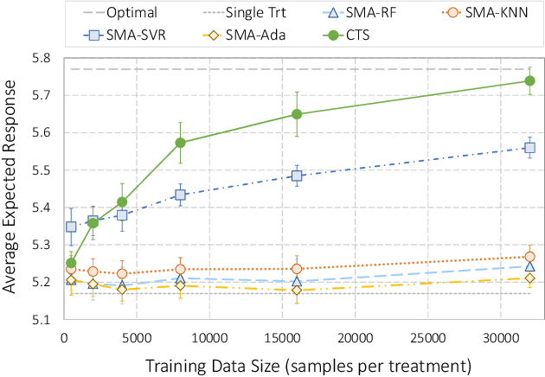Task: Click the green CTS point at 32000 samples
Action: tap(530, 80)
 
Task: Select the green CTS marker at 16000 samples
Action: tap(297, 114)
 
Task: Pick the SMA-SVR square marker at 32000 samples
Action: tap(530, 148)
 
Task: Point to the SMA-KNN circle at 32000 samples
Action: tap(530, 257)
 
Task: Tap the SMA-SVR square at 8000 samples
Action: tap(180, 195)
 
